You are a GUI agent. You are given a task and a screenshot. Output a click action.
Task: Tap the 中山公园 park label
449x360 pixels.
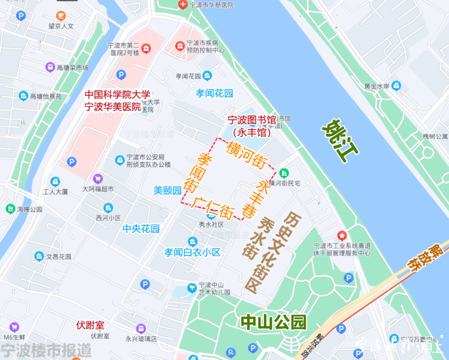[x=273, y=322]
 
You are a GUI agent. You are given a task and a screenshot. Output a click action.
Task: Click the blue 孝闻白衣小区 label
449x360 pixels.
[x=192, y=252]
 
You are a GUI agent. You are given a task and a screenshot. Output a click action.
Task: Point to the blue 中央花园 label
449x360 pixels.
[x=141, y=229]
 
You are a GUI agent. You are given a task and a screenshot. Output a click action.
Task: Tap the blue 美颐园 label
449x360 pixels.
[x=167, y=191]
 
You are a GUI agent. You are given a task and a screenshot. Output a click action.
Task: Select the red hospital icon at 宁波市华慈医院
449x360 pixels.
[x=183, y=5]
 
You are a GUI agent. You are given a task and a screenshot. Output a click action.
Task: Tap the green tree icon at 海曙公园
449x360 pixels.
[x=10, y=209]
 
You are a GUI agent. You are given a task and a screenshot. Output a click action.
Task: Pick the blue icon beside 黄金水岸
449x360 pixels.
[x=396, y=85]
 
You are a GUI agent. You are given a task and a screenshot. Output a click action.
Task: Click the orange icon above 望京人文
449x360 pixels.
[x=61, y=16]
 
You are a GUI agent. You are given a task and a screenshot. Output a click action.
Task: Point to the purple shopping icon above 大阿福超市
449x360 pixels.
[x=97, y=179]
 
